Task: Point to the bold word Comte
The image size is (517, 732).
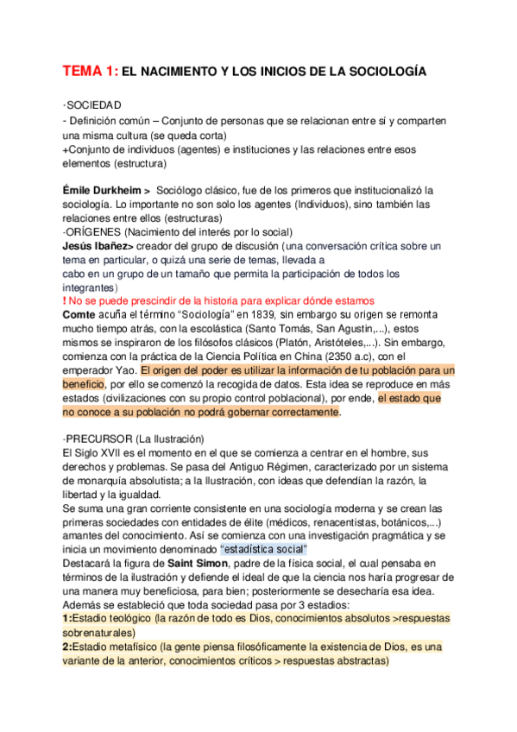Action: click(80, 316)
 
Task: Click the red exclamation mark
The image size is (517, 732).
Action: click(65, 301)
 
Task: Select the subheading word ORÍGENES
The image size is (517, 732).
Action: click(93, 231)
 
